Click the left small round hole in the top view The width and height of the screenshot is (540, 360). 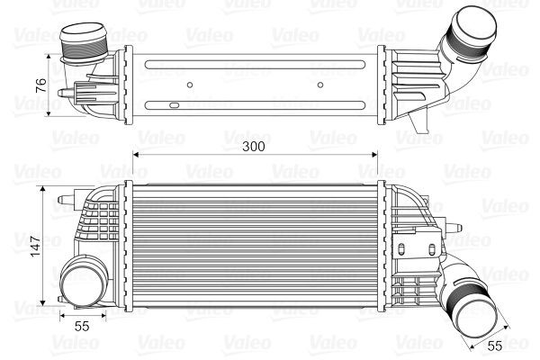pos(191,87)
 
